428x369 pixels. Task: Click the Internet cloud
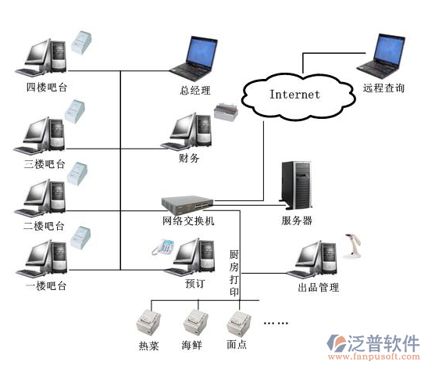pyautogui.click(x=298, y=96)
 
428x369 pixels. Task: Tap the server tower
pyautogui.click(x=296, y=185)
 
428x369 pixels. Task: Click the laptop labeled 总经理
pyautogui.click(x=194, y=59)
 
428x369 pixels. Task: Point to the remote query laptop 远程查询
pyautogui.click(x=381, y=56)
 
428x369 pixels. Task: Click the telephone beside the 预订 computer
pyautogui.click(x=162, y=247)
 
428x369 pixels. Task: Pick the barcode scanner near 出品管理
pyautogui.click(x=352, y=246)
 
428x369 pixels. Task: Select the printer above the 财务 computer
pyautogui.click(x=226, y=112)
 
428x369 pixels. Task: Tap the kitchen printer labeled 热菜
pyautogui.click(x=148, y=322)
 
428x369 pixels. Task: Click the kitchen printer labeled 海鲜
pyautogui.click(x=195, y=322)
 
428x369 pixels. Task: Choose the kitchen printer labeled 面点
pyautogui.click(x=239, y=323)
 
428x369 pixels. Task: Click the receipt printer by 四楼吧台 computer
pyautogui.click(x=81, y=42)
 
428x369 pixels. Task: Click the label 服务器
pyautogui.click(x=297, y=220)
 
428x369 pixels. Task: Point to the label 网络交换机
pyautogui.click(x=188, y=220)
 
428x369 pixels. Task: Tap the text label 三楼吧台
pyautogui.click(x=45, y=164)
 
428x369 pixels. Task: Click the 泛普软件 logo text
pyautogui.click(x=383, y=343)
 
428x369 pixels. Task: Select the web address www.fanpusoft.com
pyautogui.click(x=373, y=356)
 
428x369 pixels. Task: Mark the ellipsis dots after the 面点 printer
pyautogui.click(x=276, y=323)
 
